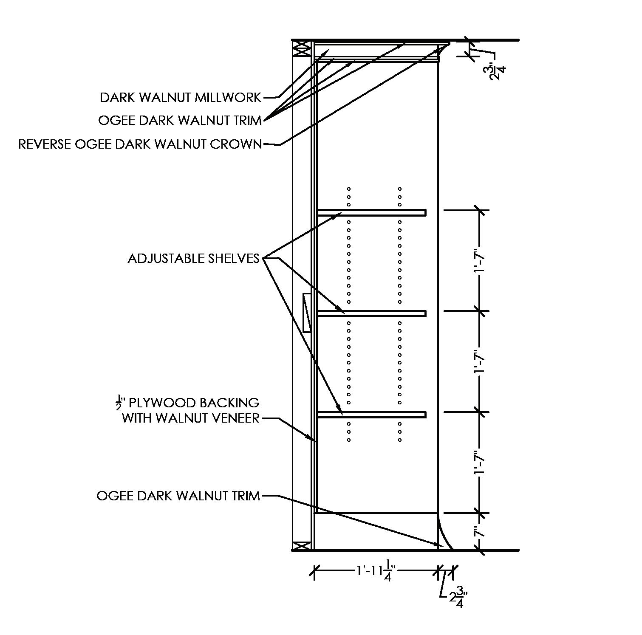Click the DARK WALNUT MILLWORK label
click(181, 98)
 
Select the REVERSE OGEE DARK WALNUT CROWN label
click(140, 144)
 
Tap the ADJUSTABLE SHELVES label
click(193, 258)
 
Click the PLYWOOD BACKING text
click(193, 402)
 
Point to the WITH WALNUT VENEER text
click(190, 418)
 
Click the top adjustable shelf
click(372, 212)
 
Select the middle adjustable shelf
click(372, 313)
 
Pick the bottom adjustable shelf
click(372, 415)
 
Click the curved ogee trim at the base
click(444, 533)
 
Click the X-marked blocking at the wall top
click(302, 49)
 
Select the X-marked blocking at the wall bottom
click(302, 545)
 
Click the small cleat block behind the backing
click(307, 312)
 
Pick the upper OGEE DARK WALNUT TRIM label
click(180, 121)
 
